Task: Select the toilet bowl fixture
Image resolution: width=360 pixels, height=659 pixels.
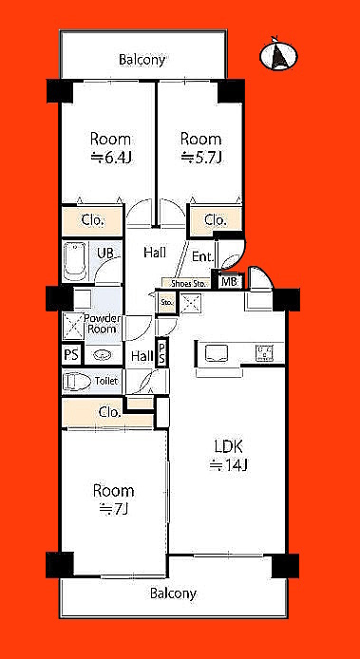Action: pos(78,382)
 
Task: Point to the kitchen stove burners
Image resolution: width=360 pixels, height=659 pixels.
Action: pos(265,352)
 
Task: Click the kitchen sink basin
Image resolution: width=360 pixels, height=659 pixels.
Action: pos(217,352)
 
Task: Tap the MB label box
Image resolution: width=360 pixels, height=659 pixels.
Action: pos(229,281)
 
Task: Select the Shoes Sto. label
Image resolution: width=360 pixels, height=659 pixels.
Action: pos(188,284)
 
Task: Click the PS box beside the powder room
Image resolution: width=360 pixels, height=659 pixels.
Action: pos(71,355)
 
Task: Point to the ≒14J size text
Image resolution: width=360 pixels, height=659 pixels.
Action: pos(230,465)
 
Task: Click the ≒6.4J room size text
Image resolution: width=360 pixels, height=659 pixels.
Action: pos(111,158)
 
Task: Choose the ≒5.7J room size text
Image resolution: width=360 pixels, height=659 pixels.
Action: pos(200,158)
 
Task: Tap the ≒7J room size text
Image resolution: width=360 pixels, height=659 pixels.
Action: pos(113,509)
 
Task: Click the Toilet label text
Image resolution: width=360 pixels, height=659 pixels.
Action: pos(106,381)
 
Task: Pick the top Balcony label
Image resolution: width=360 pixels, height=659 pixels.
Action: pos(142,60)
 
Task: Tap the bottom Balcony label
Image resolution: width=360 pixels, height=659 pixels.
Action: pos(173,593)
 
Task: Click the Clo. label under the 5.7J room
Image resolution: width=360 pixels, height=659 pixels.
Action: pos(216,219)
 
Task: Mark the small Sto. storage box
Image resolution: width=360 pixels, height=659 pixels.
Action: pos(166,303)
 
